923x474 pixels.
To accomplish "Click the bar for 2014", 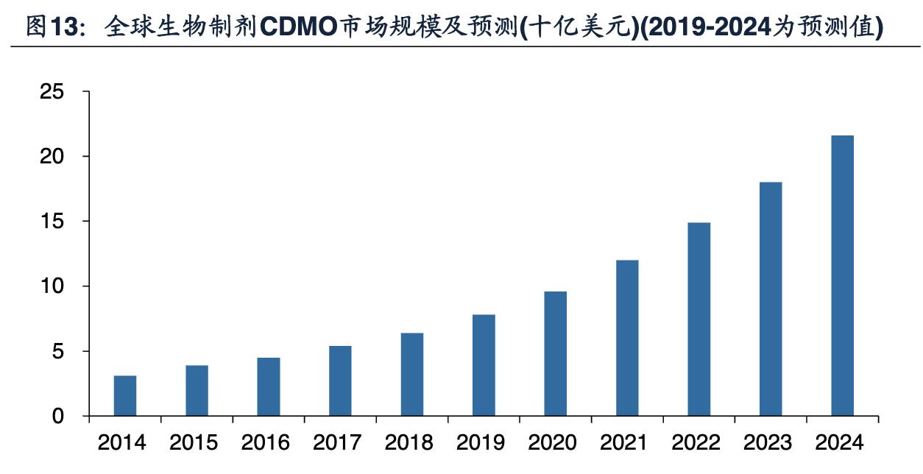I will pyautogui.click(x=125, y=396).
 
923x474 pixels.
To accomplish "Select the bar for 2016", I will pyautogui.click(x=269, y=387).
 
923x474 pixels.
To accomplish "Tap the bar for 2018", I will pyautogui.click(x=412, y=375).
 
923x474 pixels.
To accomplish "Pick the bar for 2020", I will pyautogui.click(x=556, y=354).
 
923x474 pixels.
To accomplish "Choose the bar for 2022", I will pyautogui.click(x=699, y=319).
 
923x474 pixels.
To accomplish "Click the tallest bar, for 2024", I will pyautogui.click(x=843, y=276).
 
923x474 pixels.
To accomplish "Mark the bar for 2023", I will pyautogui.click(x=771, y=299).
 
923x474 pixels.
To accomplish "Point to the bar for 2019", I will pyautogui.click(x=484, y=366).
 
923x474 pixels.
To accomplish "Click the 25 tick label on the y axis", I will pyautogui.click(x=52, y=92).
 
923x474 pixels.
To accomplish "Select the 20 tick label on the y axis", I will pyautogui.click(x=52, y=157).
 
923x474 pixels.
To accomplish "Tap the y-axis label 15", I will pyautogui.click(x=52, y=222).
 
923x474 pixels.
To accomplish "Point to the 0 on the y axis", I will pyautogui.click(x=59, y=417).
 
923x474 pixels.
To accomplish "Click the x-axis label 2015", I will pyautogui.click(x=194, y=443).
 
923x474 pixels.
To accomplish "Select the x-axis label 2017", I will pyautogui.click(x=337, y=443).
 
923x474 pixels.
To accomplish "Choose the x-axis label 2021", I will pyautogui.click(x=624, y=443).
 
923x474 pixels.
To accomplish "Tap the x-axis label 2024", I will pyautogui.click(x=840, y=443).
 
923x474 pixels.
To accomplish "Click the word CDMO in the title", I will pyautogui.click(x=297, y=27).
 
